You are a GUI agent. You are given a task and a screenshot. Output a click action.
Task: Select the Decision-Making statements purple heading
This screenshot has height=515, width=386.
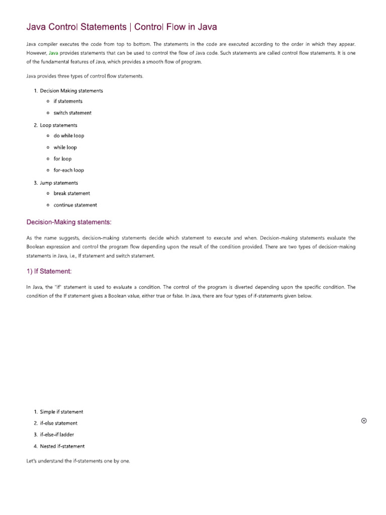[x=69, y=222]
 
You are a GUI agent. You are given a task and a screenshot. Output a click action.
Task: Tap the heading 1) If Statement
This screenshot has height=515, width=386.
[x=49, y=272]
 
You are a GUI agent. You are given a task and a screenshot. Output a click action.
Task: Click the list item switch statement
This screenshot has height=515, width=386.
[x=72, y=113]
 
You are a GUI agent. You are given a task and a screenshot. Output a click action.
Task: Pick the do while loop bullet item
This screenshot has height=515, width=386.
[x=69, y=136]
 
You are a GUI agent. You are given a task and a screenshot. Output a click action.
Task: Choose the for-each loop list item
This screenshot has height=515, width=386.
[x=69, y=170]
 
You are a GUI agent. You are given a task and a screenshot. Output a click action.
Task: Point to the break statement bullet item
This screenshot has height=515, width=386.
[x=72, y=194]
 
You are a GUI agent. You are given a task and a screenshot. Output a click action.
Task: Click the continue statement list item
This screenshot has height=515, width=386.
[x=75, y=205]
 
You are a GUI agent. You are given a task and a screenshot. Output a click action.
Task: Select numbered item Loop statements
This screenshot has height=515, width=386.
[x=58, y=125]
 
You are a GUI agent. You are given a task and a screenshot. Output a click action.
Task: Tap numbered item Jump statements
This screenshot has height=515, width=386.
[x=59, y=183]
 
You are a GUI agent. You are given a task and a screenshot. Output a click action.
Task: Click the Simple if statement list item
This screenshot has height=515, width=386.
[x=61, y=412]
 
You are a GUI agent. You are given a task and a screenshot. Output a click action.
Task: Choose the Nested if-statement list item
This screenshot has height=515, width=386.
[x=62, y=446]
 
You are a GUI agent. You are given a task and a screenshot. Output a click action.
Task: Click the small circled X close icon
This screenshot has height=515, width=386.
[x=364, y=421]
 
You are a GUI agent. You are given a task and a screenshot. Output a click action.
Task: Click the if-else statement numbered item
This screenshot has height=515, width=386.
[x=58, y=423]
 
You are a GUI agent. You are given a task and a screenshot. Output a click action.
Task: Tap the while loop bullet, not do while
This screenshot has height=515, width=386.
[x=65, y=148]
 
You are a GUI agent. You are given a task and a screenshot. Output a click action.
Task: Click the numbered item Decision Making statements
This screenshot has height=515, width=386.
[x=71, y=91]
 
